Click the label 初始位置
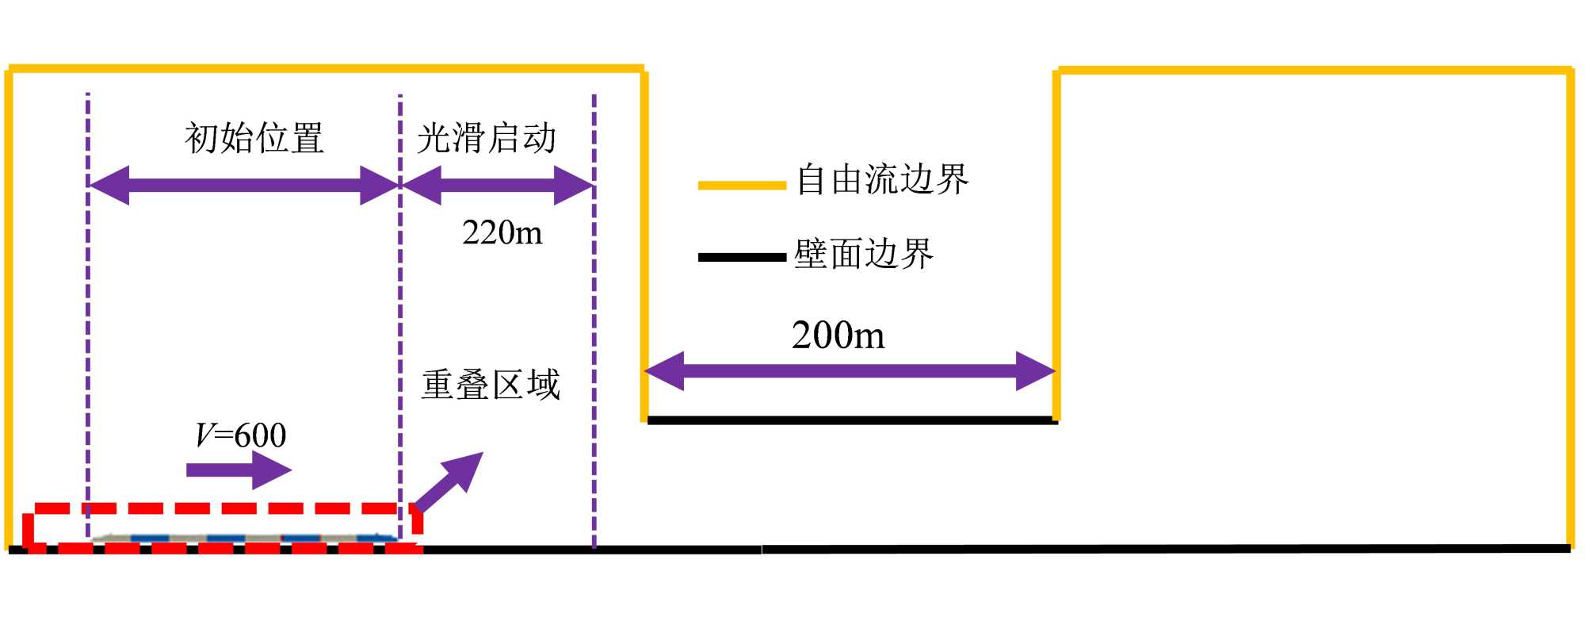click(x=254, y=138)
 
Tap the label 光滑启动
click(x=487, y=138)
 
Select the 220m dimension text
click(x=502, y=233)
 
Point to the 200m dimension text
click(x=838, y=335)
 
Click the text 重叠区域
click(x=491, y=385)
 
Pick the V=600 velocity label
click(x=241, y=435)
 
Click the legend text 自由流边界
click(x=882, y=179)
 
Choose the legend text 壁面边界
click(x=864, y=254)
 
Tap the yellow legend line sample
click(x=741, y=186)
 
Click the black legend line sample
click(x=741, y=257)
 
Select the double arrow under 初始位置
click(x=243, y=186)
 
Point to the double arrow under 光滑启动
click(x=498, y=186)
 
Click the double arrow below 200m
click(x=850, y=371)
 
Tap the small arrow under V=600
click(x=239, y=470)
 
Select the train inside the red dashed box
click(x=244, y=539)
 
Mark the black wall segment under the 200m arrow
click(x=852, y=420)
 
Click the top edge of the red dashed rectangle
click(x=222, y=508)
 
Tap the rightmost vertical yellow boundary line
click(x=1569, y=309)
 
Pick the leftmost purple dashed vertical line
click(x=88, y=317)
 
